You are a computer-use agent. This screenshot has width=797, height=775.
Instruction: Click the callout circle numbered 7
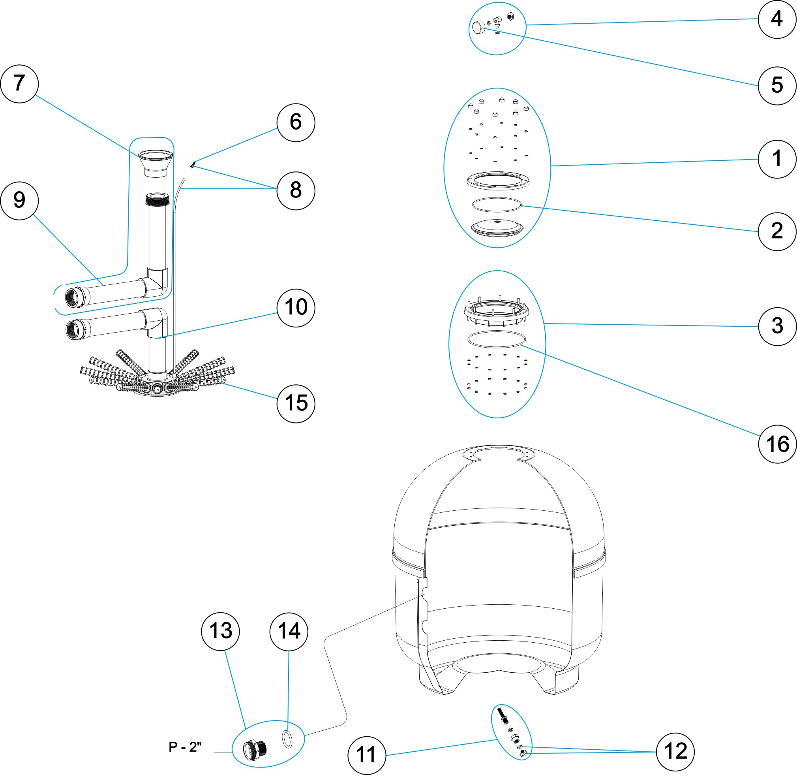[19, 84]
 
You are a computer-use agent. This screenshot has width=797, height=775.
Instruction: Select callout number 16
[777, 444]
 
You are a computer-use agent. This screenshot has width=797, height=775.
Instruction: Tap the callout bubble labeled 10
[296, 308]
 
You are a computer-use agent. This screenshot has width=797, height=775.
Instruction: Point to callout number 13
[221, 631]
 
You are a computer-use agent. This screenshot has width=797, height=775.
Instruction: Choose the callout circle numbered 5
[777, 85]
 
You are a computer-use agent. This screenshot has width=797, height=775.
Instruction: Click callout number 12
[676, 751]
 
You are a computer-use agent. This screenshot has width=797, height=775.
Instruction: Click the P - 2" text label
[185, 747]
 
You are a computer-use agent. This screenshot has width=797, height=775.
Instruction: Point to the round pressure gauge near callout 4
[479, 28]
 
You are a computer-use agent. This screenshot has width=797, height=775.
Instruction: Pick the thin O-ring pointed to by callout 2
[497, 205]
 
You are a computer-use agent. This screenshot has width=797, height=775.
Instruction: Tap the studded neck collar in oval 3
[497, 312]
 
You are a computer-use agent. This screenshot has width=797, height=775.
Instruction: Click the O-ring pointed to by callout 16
[496, 339]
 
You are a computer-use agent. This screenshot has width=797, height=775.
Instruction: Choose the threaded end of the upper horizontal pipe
[75, 297]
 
